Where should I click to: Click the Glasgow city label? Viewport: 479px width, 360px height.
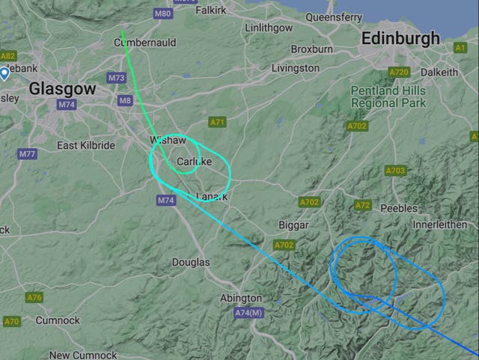(63, 88)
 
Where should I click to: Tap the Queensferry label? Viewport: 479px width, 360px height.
(334, 16)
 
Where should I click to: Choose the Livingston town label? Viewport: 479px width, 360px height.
(295, 68)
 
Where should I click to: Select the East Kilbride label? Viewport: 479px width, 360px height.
(86, 145)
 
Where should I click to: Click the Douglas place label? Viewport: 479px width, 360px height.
(191, 263)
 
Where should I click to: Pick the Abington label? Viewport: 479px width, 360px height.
(241, 298)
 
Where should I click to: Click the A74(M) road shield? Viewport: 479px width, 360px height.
(248, 312)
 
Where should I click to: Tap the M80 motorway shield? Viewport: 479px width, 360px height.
(162, 13)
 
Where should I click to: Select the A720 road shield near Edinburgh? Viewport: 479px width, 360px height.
(399, 73)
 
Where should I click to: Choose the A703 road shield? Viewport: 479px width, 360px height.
(396, 171)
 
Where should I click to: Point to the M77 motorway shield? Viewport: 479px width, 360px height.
(28, 154)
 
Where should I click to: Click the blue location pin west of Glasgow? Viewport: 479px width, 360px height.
(4, 73)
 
